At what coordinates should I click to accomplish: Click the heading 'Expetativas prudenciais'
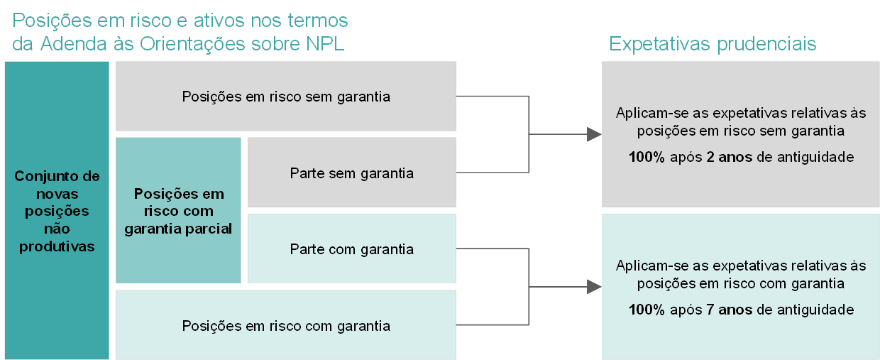pyautogui.click(x=713, y=44)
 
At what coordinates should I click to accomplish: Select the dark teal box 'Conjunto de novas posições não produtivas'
pyautogui.click(x=57, y=210)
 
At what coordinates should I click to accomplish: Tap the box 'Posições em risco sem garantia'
pyautogui.click(x=286, y=96)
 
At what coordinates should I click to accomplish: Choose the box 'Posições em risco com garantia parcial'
pyautogui.click(x=178, y=210)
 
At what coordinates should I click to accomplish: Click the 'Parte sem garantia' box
pyautogui.click(x=352, y=172)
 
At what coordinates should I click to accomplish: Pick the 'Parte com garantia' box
pyautogui.click(x=352, y=249)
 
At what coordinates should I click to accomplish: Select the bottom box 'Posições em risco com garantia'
pyautogui.click(x=286, y=325)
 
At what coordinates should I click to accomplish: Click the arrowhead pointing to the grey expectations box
pyautogui.click(x=594, y=134)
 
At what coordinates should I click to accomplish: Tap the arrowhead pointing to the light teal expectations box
pyautogui.click(x=594, y=287)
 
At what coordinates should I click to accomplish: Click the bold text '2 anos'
pyautogui.click(x=729, y=157)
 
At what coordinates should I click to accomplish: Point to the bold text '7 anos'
pyautogui.click(x=729, y=310)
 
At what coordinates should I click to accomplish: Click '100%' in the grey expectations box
pyautogui.click(x=647, y=157)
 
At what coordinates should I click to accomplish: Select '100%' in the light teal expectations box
pyautogui.click(x=647, y=310)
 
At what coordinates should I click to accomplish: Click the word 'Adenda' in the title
pyautogui.click(x=74, y=43)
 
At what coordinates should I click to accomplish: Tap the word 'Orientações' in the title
pyautogui.click(x=192, y=43)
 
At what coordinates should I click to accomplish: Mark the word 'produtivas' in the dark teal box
pyautogui.click(x=57, y=247)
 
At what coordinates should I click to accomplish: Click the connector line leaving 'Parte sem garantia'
pyautogui.click(x=493, y=172)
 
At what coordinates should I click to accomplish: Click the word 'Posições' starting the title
pyautogui.click(x=53, y=21)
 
